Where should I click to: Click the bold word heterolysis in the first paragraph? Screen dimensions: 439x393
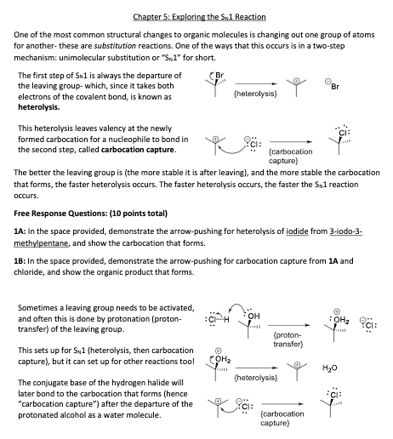[37, 108]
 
